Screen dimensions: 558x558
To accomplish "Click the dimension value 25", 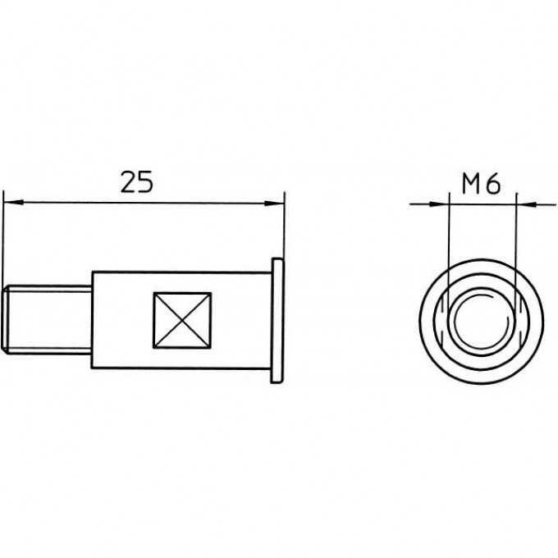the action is pyautogui.click(x=137, y=182).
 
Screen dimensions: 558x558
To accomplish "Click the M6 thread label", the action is pyautogui.click(x=481, y=184).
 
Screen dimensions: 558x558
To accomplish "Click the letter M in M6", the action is pyautogui.click(x=472, y=184).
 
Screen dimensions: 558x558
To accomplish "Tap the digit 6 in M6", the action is pyautogui.click(x=493, y=184).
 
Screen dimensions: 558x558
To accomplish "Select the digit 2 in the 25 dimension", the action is pyautogui.click(x=129, y=182).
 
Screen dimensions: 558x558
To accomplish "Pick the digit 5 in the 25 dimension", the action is pyautogui.click(x=145, y=182).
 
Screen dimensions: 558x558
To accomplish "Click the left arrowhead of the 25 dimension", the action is pyautogui.click(x=13, y=202).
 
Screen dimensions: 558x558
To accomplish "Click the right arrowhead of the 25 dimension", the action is pyautogui.click(x=274, y=204).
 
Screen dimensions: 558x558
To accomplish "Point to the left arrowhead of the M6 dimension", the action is pyautogui.click(x=439, y=204).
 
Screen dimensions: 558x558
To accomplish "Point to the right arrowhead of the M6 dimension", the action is pyautogui.click(x=527, y=204).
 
